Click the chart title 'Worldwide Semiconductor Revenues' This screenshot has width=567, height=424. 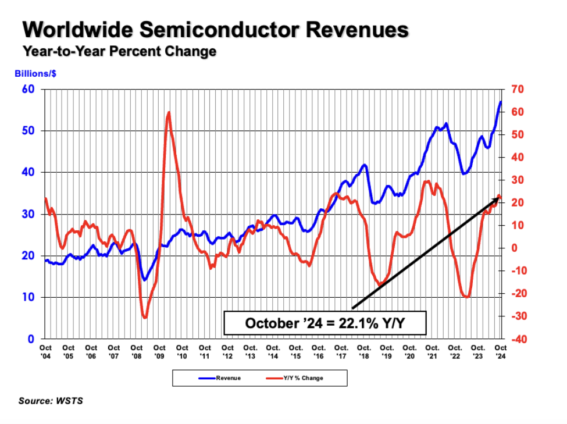[215, 30]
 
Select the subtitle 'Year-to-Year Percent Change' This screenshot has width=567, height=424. [119, 51]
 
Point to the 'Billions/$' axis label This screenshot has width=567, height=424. [35, 74]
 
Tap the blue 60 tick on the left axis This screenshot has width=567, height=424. [28, 89]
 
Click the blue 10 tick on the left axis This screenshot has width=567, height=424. [28, 297]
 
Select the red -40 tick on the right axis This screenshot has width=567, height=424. [517, 339]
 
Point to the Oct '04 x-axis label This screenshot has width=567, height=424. [45, 351]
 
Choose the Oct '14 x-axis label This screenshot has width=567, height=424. [273, 351]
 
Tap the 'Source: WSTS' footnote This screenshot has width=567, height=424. [51, 401]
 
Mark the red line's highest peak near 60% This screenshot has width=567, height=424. [169, 112]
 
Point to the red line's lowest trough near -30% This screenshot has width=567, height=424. [145, 317]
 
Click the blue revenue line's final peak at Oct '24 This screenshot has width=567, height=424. [500, 102]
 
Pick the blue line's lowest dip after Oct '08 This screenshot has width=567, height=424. [144, 280]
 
